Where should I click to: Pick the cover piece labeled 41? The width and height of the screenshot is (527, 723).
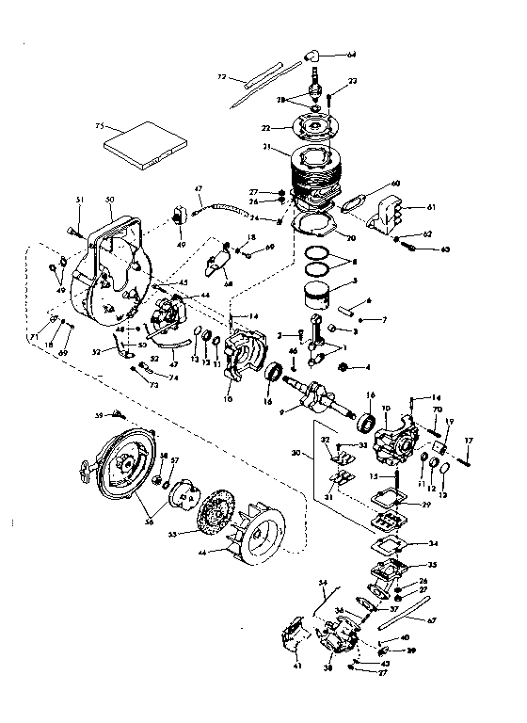292,639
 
